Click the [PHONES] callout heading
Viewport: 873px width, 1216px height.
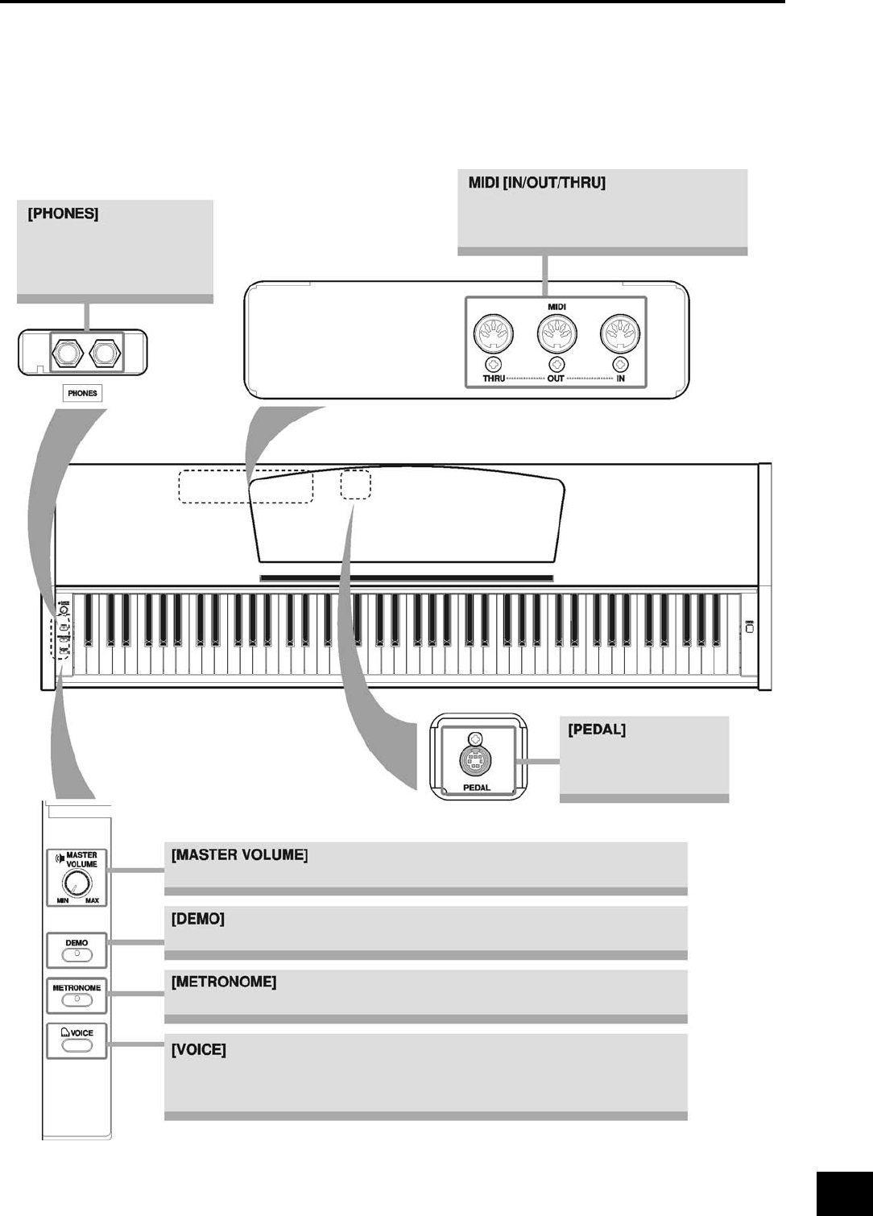[x=63, y=215]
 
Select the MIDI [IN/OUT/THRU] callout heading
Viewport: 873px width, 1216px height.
[x=536, y=184]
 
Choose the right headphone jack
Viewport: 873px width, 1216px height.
[x=106, y=353]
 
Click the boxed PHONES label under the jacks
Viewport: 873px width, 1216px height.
[x=82, y=393]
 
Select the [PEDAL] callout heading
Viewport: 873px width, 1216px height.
[x=597, y=730]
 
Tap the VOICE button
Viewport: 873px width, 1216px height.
[x=77, y=1045]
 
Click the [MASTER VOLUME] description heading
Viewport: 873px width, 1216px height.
[x=239, y=855]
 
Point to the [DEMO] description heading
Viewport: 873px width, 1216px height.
[x=197, y=919]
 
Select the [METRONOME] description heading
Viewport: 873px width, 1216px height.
[x=224, y=982]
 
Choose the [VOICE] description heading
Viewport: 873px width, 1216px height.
[x=198, y=1050]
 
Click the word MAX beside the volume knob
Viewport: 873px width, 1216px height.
[x=93, y=900]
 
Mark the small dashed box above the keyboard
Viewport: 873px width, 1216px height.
[x=355, y=485]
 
